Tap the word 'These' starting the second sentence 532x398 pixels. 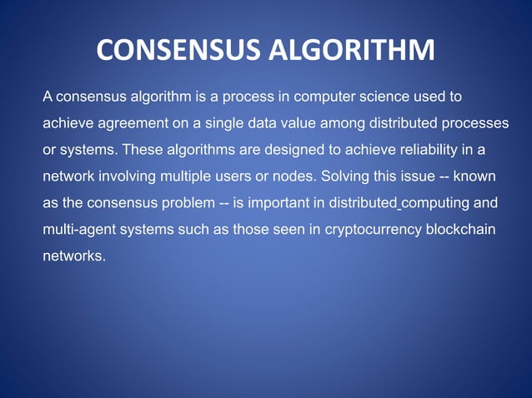tap(143, 151)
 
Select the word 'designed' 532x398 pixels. tap(284, 151)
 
